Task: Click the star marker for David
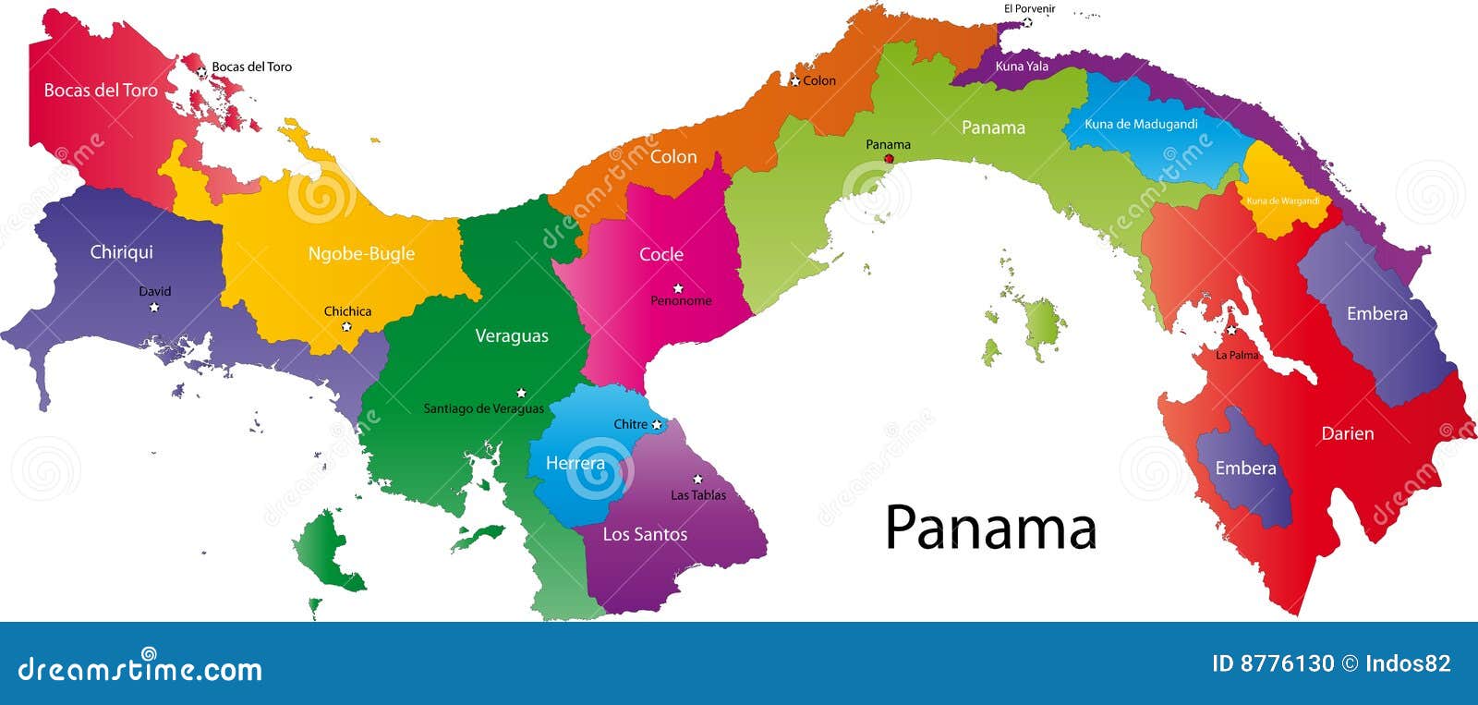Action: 154,307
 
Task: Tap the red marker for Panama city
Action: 889,158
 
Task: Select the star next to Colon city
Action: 794,81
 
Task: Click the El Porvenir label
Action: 1029,9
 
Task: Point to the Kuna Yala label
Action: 1022,67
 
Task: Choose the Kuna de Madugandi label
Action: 1141,124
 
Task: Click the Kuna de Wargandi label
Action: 1282,201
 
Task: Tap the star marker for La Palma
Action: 1231,329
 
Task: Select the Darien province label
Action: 1347,433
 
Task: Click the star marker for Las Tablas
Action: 697,479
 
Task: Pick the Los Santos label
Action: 645,534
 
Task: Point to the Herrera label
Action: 575,463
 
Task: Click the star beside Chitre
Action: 657,425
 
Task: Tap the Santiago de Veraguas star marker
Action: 521,393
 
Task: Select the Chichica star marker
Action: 346,326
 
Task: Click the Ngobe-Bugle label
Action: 361,253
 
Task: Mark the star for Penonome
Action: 678,288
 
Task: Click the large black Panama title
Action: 990,528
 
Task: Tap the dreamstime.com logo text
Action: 140,668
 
